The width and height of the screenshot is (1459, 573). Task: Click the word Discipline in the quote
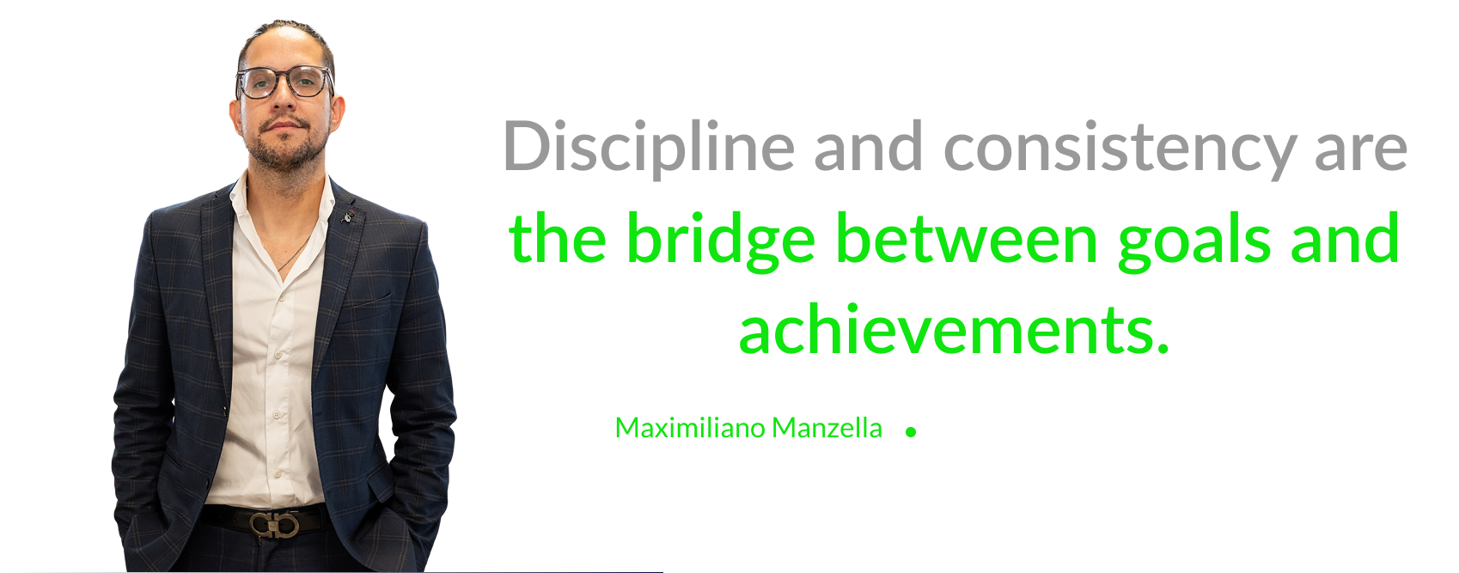point(649,148)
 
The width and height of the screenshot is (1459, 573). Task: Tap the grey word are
point(1361,152)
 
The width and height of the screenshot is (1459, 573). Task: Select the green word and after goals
point(1345,237)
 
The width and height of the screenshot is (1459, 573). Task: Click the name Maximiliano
point(691,428)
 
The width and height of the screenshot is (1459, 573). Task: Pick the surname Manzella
point(827,428)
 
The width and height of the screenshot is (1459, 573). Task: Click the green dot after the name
point(911,432)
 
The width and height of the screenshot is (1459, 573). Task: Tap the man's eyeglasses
point(284,82)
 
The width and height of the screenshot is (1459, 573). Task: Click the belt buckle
point(274,525)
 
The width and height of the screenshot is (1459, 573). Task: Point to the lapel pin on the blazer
point(349,216)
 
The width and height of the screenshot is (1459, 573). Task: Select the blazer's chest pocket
point(368,301)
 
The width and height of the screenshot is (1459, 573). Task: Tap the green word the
point(558,237)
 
